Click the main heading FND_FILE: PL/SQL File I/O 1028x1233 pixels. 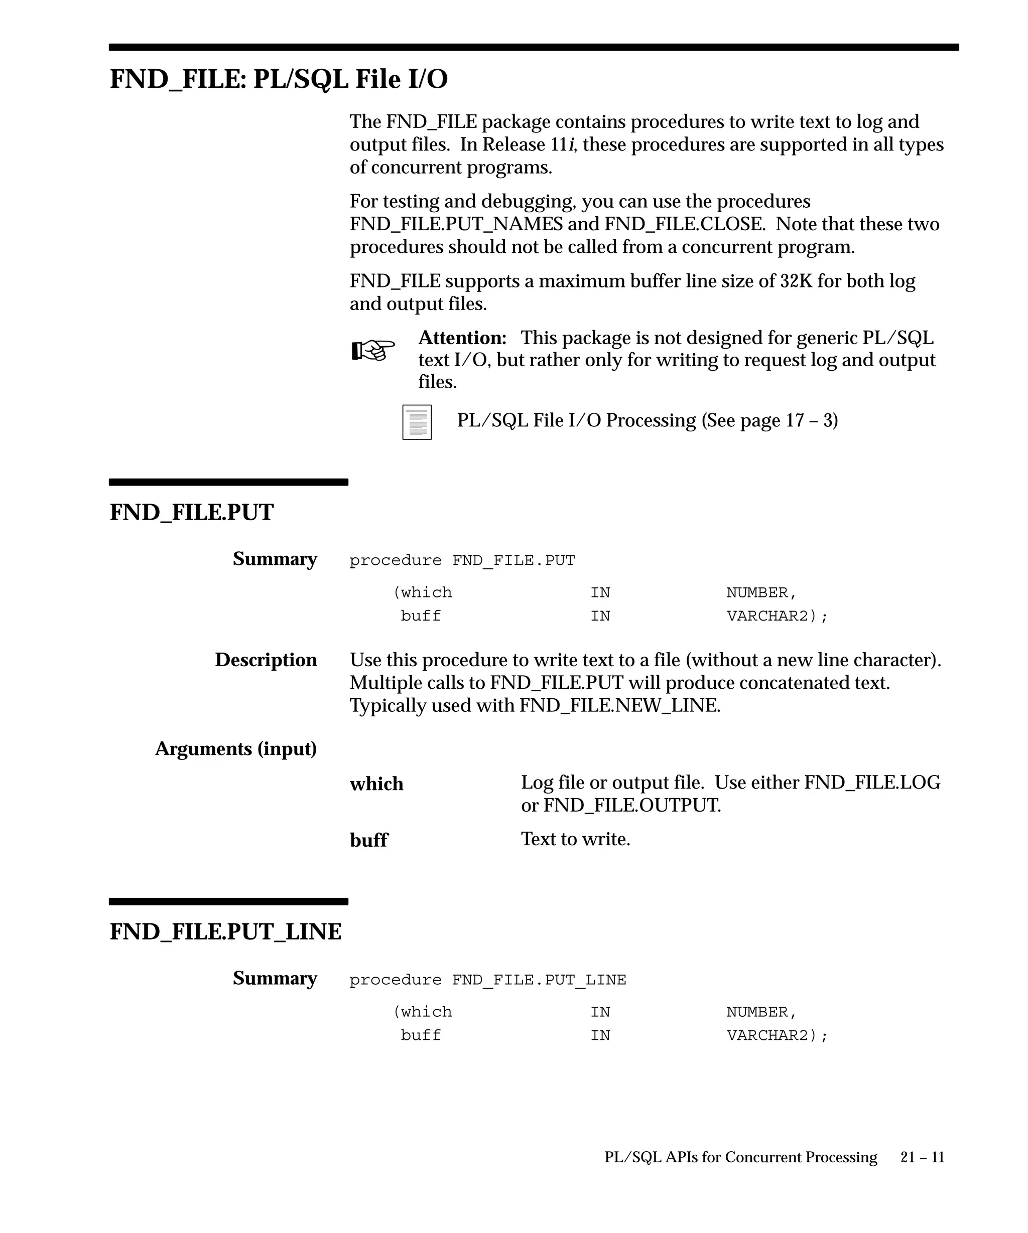[x=279, y=79]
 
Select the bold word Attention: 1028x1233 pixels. [x=462, y=338]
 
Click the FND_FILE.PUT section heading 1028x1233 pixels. [x=192, y=512]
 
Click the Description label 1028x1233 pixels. [x=266, y=660]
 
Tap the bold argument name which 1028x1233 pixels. [x=376, y=784]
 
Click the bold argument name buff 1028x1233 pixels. [x=369, y=840]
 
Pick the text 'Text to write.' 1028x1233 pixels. [x=575, y=839]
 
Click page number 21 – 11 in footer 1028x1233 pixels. [x=922, y=1157]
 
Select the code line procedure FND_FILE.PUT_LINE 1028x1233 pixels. [x=487, y=980]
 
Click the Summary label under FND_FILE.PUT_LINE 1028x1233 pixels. [x=275, y=978]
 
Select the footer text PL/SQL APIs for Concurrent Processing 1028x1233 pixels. [x=740, y=1157]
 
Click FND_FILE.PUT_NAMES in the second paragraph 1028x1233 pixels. [x=456, y=224]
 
